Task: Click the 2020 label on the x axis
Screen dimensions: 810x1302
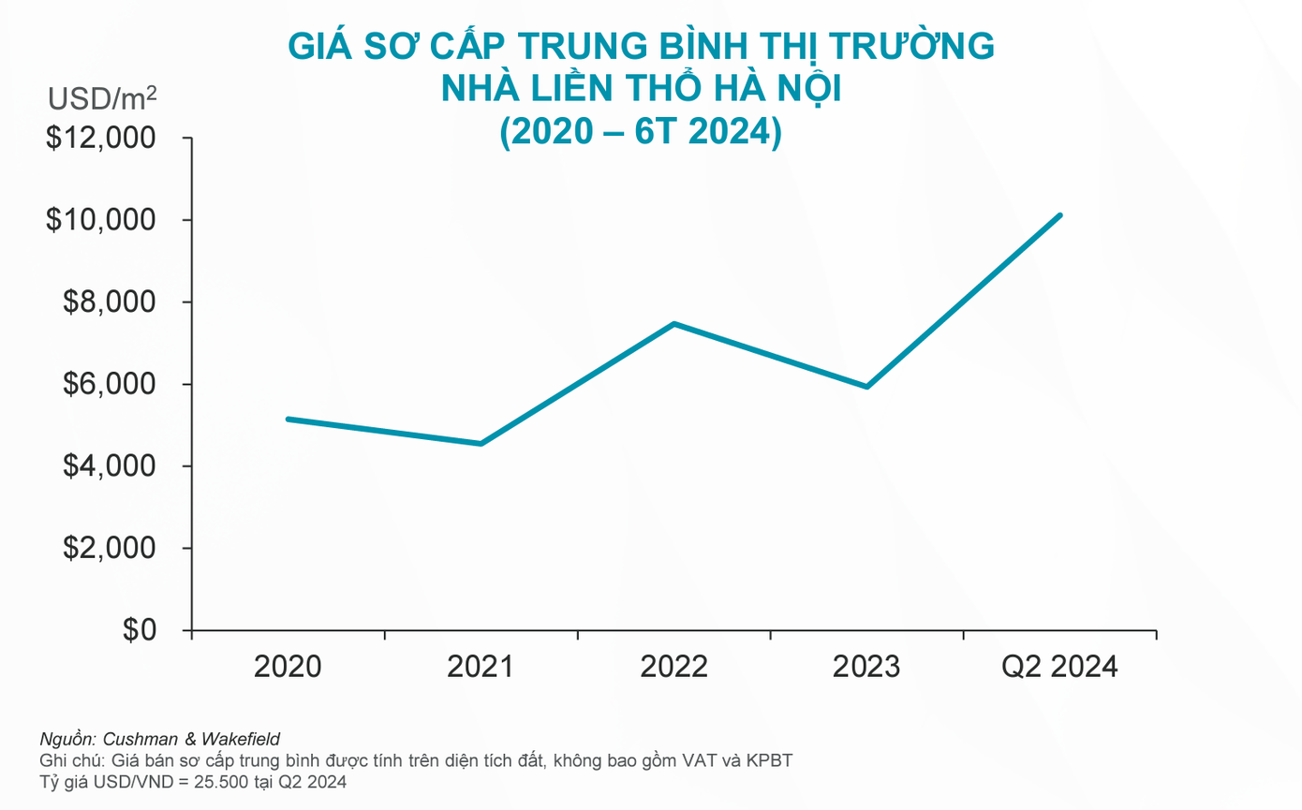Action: click(288, 667)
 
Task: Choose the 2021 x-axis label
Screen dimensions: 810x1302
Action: click(481, 667)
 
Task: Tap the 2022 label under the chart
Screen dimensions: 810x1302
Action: click(673, 667)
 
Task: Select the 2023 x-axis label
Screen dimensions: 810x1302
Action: click(866, 667)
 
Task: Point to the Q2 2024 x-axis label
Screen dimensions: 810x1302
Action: click(1059, 667)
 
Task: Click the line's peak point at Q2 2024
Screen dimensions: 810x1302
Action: click(1059, 215)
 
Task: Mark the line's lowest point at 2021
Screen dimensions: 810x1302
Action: click(481, 444)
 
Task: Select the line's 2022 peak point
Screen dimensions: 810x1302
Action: click(674, 324)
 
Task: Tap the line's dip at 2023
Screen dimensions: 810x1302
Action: click(867, 387)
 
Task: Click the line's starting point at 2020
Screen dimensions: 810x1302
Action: click(288, 419)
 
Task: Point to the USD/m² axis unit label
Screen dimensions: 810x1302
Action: click(102, 97)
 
